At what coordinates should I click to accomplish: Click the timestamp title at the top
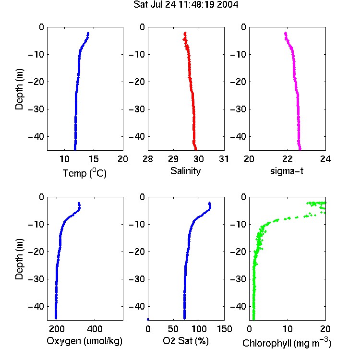[186, 5]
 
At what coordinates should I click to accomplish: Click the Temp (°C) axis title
[84, 173]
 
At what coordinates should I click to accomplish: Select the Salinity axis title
[185, 171]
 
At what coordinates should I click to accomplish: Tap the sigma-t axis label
[287, 171]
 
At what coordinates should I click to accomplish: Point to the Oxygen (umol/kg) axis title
[84, 341]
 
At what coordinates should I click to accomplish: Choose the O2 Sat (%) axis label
[186, 341]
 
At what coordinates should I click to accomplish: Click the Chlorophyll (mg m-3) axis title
[287, 343]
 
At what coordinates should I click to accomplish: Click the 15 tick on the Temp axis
[94, 159]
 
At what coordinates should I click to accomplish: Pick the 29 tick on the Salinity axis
[173, 159]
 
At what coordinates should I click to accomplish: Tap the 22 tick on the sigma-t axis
[287, 159]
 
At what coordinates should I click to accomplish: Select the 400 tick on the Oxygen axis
[95, 329]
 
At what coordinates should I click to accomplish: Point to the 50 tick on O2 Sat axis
[173, 329]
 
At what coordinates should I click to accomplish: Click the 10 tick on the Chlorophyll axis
[287, 329]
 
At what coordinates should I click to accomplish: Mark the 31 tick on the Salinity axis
[224, 159]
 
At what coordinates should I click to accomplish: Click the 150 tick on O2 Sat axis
[224, 329]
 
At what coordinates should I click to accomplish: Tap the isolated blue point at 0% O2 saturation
[148, 319]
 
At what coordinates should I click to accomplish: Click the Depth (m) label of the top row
[19, 89]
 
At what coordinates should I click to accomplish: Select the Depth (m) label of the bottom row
[19, 259]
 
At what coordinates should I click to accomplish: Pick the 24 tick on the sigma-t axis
[325, 159]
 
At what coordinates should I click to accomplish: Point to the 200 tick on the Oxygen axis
[57, 329]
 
